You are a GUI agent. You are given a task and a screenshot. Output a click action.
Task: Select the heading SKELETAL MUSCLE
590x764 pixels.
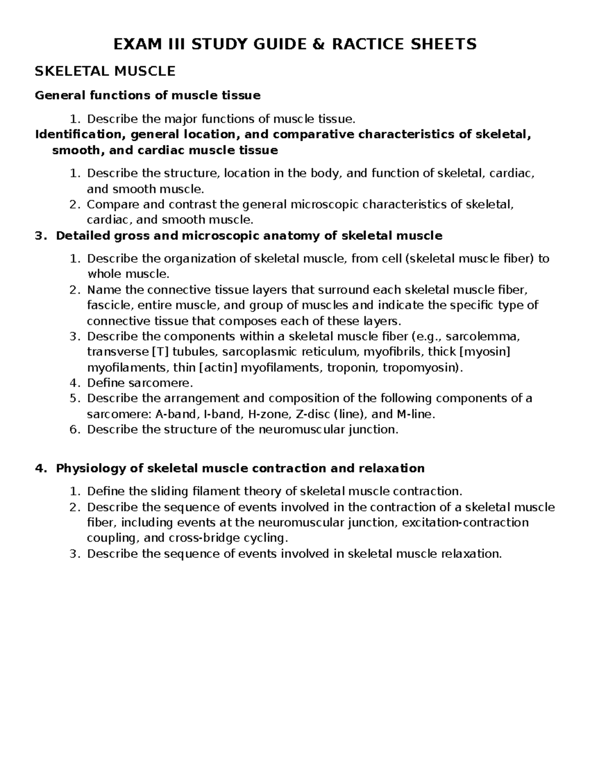pos(105,71)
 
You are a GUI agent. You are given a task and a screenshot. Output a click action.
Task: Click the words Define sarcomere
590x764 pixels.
pos(140,383)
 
